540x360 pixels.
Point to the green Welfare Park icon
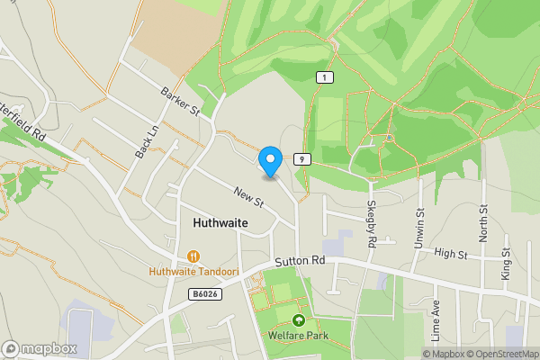(x=299, y=320)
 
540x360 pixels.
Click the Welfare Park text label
(x=299, y=336)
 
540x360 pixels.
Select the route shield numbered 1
(x=322, y=78)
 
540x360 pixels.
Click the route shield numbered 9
(x=301, y=159)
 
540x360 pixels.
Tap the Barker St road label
(x=179, y=100)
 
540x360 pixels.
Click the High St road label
(x=451, y=256)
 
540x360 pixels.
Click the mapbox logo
(x=40, y=348)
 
